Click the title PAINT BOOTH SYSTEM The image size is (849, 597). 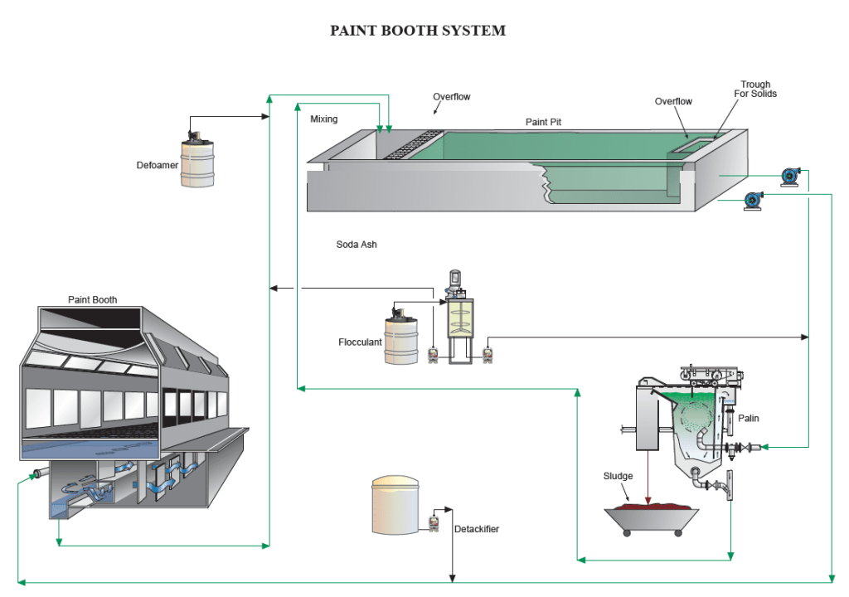[418, 31]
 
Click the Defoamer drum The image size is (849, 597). [197, 158]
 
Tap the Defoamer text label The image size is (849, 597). [158, 165]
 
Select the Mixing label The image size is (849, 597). [324, 119]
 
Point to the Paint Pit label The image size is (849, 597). [544, 122]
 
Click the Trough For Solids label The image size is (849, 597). [755, 89]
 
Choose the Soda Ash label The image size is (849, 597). [357, 245]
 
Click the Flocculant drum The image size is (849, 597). [400, 339]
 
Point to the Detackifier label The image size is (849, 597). [477, 529]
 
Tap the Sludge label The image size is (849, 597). [618, 477]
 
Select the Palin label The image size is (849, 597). [749, 419]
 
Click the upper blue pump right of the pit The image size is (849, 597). [790, 176]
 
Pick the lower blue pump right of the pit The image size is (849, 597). [754, 200]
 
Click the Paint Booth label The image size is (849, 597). [92, 300]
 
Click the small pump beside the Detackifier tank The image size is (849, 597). [433, 523]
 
